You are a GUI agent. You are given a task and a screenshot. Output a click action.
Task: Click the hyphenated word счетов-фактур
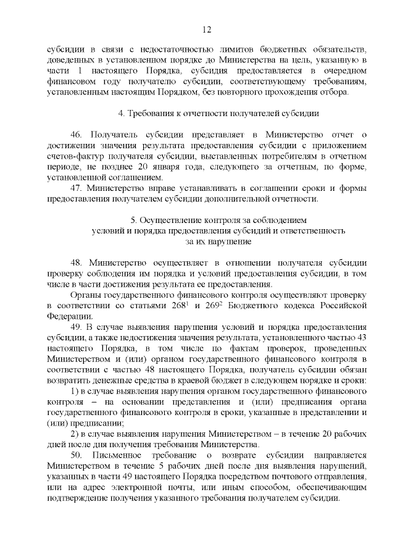click(x=77, y=156)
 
